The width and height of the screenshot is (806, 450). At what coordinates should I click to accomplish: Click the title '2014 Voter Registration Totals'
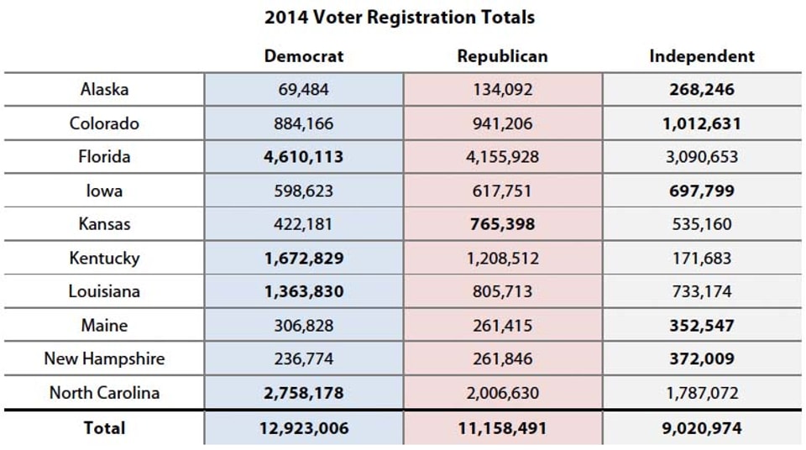tap(400, 17)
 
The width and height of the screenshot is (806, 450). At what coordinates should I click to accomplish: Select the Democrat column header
tap(304, 56)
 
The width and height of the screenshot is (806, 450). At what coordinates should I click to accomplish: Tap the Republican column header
tap(502, 56)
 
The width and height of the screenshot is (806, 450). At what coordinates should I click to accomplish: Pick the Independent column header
tap(702, 56)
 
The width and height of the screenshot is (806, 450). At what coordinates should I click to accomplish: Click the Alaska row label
tap(104, 89)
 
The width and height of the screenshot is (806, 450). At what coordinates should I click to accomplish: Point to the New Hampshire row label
tap(104, 358)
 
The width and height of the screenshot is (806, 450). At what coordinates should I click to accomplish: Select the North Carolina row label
tap(104, 392)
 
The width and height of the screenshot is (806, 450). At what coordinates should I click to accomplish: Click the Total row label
tap(104, 427)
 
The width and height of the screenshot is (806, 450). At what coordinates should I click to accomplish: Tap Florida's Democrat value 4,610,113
tap(304, 157)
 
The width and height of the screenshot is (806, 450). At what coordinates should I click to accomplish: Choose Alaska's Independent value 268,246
tap(702, 89)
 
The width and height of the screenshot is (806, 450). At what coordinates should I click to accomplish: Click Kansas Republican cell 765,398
tap(502, 224)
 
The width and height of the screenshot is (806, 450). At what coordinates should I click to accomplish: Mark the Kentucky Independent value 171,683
tap(702, 258)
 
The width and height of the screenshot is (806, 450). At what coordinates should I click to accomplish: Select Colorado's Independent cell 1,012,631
tap(702, 123)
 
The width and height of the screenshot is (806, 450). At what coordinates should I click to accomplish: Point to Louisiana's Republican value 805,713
tap(502, 291)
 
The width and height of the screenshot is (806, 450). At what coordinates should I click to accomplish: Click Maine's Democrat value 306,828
tap(304, 325)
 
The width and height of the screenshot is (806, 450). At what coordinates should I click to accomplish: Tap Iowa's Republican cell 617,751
tap(502, 191)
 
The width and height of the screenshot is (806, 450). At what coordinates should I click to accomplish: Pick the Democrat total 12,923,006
tap(304, 428)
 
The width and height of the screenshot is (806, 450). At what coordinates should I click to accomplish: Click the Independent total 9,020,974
tap(702, 428)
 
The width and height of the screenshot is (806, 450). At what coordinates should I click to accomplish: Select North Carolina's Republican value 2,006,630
tap(502, 392)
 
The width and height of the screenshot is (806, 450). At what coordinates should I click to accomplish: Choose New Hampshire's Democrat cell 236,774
tap(304, 358)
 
